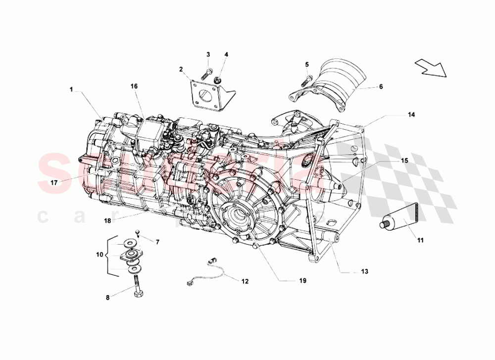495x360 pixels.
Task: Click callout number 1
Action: pyautogui.click(x=71, y=90)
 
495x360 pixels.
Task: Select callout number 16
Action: pyautogui.click(x=134, y=86)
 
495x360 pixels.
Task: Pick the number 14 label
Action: pyautogui.click(x=411, y=114)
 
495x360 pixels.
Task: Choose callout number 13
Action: pyautogui.click(x=364, y=271)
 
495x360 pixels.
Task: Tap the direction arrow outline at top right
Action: pyautogui.click(x=430, y=68)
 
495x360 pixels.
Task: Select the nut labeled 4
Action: pyautogui.click(x=217, y=79)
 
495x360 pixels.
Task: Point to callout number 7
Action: pyautogui.click(x=157, y=242)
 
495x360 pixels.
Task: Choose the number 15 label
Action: pyautogui.click(x=404, y=160)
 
